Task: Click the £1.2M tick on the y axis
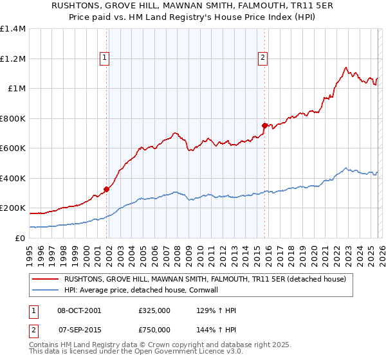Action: (13, 59)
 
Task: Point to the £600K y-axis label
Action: (13, 148)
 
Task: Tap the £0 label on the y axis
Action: (19, 238)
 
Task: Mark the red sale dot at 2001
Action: (106, 189)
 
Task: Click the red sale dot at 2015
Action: (264, 125)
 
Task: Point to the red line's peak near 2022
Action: (346, 67)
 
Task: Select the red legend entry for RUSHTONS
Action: (205, 279)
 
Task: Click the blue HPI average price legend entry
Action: (167, 290)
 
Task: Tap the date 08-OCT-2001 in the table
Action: (79, 310)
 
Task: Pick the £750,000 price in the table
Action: (154, 330)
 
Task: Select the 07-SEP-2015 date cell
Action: (78, 330)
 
